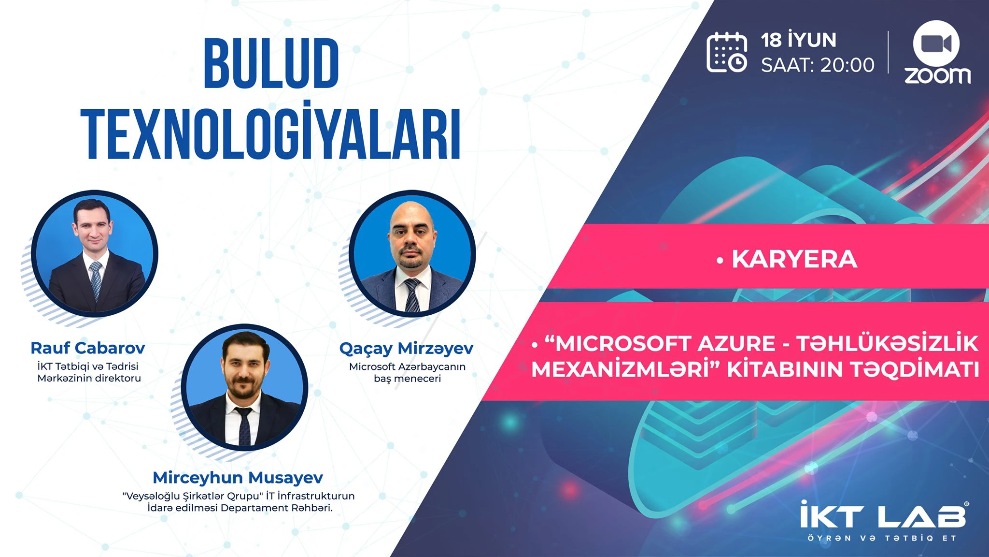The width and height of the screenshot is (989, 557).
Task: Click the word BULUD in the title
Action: pyautogui.click(x=271, y=63)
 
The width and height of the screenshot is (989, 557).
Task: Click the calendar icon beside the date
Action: pyautogui.click(x=727, y=52)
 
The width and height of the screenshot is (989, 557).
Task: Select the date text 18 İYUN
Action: pyautogui.click(x=799, y=40)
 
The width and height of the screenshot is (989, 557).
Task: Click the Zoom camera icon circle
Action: pyautogui.click(x=936, y=44)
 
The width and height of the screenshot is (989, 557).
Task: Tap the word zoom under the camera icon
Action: pyautogui.click(x=937, y=76)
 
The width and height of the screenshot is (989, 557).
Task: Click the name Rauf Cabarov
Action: pyautogui.click(x=88, y=348)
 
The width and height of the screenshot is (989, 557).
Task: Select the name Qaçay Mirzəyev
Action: pyautogui.click(x=407, y=349)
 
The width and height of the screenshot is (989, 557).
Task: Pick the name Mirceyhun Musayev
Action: pyautogui.click(x=238, y=478)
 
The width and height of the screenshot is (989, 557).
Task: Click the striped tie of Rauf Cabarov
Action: pyautogui.click(x=96, y=280)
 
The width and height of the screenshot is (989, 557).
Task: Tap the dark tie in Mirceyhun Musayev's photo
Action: pyautogui.click(x=244, y=425)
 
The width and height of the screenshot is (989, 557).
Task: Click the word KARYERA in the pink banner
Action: pyautogui.click(x=794, y=259)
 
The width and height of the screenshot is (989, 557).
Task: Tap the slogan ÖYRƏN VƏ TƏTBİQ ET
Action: pyautogui.click(x=882, y=538)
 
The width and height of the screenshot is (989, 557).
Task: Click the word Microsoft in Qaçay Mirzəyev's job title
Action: pyautogui.click(x=372, y=366)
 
